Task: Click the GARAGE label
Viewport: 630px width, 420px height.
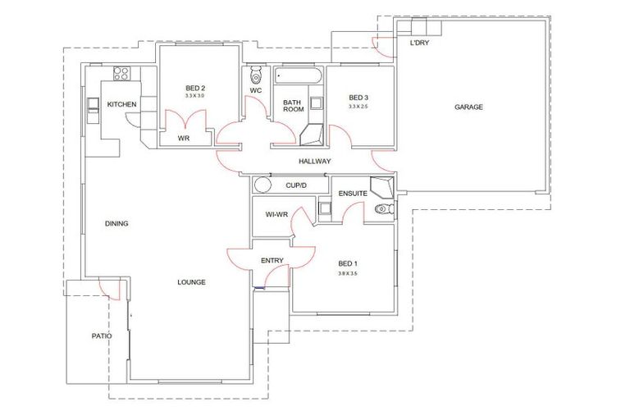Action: pos(469,107)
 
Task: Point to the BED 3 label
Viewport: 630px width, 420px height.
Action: pos(358,98)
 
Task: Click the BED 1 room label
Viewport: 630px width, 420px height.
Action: pos(349,263)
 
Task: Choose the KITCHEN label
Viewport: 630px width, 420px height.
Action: pos(121,104)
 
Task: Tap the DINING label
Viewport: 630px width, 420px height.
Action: pos(117,223)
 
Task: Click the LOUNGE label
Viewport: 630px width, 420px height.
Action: pos(191,282)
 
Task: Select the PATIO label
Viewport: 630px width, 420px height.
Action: pos(102,336)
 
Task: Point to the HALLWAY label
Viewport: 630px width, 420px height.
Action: pos(314,162)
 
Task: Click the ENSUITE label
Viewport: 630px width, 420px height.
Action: pos(353,193)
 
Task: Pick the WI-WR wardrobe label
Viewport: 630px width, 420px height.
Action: pos(275,214)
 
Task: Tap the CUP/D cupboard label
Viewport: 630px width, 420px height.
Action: pos(295,186)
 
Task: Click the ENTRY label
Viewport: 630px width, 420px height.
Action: pos(272,261)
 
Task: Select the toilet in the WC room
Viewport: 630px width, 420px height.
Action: pos(255,76)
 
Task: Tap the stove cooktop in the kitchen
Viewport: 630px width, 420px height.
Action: pos(122,73)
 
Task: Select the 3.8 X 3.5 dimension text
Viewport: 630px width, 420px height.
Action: pos(349,273)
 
